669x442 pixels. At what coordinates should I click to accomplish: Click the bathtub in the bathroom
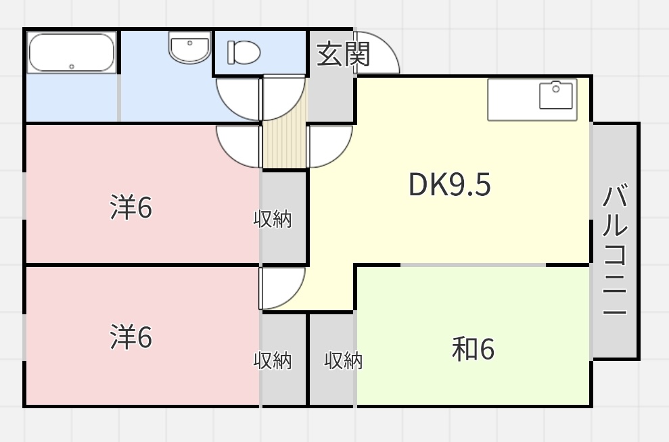click(x=71, y=53)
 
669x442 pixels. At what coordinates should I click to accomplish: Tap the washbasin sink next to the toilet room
click(x=189, y=48)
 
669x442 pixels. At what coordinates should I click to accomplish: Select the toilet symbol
click(x=244, y=52)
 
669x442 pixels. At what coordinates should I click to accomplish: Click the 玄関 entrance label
click(x=344, y=55)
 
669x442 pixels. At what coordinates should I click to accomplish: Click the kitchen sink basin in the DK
click(x=557, y=95)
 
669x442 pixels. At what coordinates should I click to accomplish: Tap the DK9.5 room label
click(x=449, y=185)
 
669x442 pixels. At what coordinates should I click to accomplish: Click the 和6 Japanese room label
click(x=474, y=349)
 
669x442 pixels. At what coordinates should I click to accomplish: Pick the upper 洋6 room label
click(x=131, y=207)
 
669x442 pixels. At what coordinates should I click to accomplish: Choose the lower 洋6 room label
click(x=131, y=337)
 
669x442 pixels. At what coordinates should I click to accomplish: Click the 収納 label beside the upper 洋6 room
click(x=273, y=219)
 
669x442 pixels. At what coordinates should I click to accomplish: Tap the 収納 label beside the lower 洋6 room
click(x=273, y=360)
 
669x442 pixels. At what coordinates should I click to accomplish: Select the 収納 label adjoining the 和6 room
click(x=343, y=360)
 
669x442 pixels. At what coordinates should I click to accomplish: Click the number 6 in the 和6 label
click(x=488, y=350)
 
